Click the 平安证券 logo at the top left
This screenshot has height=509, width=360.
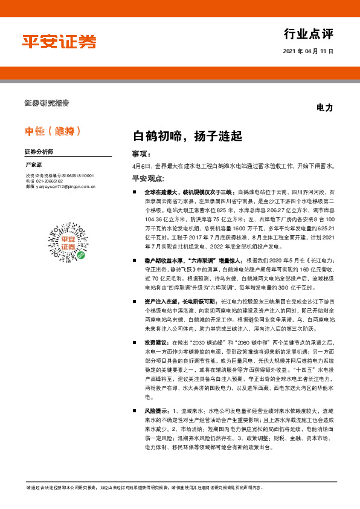[59, 41]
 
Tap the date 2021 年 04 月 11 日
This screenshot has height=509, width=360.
[308, 51]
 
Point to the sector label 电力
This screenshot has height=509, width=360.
[325, 108]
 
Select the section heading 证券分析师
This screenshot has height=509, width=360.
[39, 152]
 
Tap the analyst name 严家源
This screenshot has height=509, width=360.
[34, 164]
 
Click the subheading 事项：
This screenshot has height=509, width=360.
[140, 154]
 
